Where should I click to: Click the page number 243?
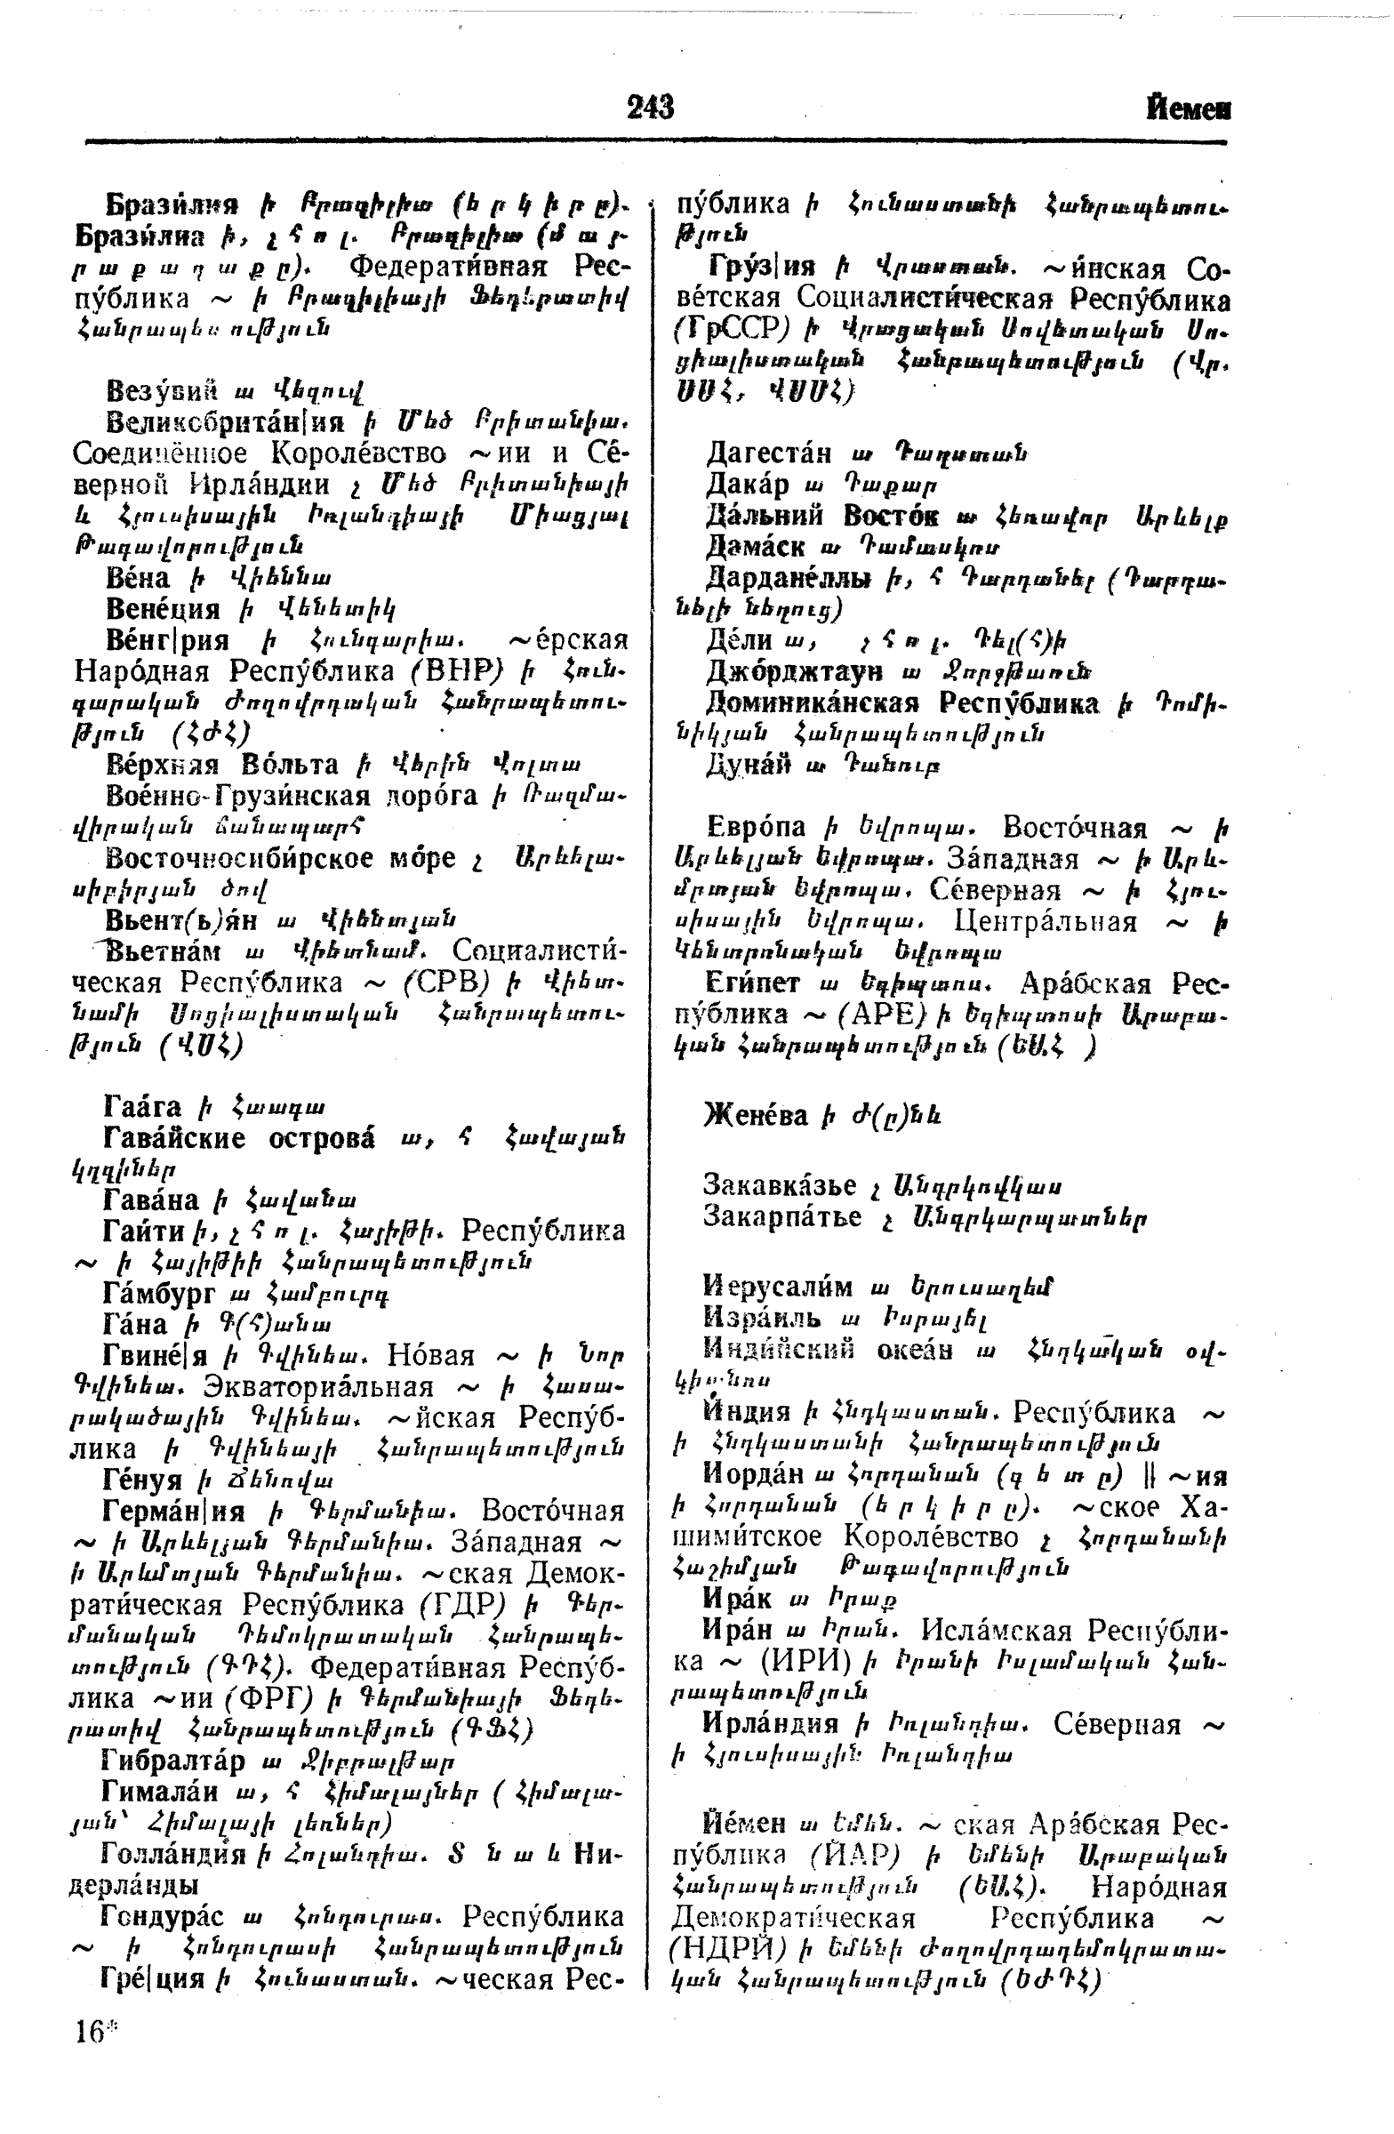(x=651, y=108)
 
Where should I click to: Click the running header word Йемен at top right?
(x=1188, y=109)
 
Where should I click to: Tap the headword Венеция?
(x=163, y=609)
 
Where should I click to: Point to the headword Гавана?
(x=150, y=1199)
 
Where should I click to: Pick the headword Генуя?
(x=143, y=1480)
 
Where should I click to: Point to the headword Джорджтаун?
(x=793, y=670)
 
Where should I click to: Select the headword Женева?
(x=756, y=1114)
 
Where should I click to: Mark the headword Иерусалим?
(x=777, y=1287)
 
